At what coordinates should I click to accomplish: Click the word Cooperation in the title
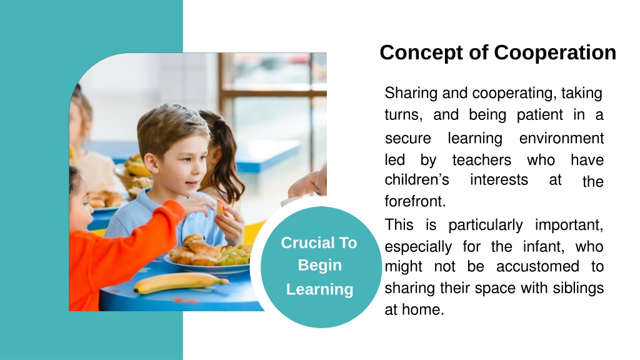[555, 53]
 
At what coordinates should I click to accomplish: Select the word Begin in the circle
[319, 266]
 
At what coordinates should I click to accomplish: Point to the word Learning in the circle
[319, 289]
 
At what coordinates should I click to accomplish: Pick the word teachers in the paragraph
[482, 160]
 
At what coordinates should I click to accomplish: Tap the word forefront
[415, 201]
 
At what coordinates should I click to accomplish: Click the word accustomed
[537, 266]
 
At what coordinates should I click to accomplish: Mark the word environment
[561, 138]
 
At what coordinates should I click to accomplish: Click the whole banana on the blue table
[181, 282]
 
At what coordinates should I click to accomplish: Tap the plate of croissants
[208, 255]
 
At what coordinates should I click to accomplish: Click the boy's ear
[151, 162]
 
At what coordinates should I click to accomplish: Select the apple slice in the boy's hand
[221, 207]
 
